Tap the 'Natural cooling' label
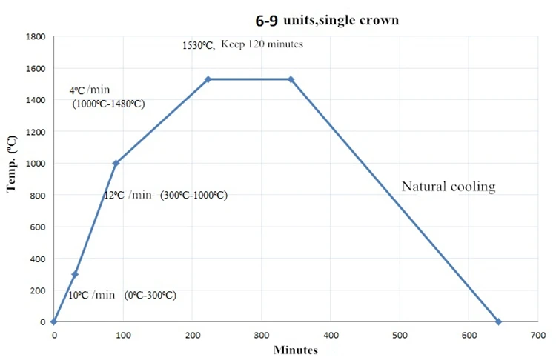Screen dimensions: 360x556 [x=448, y=186]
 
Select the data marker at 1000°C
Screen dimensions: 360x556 [x=116, y=163]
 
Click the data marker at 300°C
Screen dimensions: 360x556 [x=75, y=274]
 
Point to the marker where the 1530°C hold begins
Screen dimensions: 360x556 [x=208, y=79]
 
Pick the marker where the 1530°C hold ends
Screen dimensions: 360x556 [x=291, y=79]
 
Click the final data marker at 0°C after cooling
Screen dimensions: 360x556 [x=498, y=321]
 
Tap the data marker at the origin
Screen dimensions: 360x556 [x=54, y=321]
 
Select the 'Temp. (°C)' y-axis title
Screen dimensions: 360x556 [x=12, y=164]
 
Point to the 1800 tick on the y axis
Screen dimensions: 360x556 [x=36, y=36]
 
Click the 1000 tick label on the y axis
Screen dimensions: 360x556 [x=36, y=163]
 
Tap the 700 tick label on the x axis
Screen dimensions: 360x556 [x=538, y=335]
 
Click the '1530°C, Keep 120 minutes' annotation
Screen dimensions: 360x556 [x=242, y=44]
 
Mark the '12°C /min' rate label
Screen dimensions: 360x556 [x=128, y=195]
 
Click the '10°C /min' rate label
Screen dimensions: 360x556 [x=91, y=294]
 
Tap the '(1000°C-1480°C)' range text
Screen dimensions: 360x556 [x=108, y=104]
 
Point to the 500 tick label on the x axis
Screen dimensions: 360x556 [x=400, y=335]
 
